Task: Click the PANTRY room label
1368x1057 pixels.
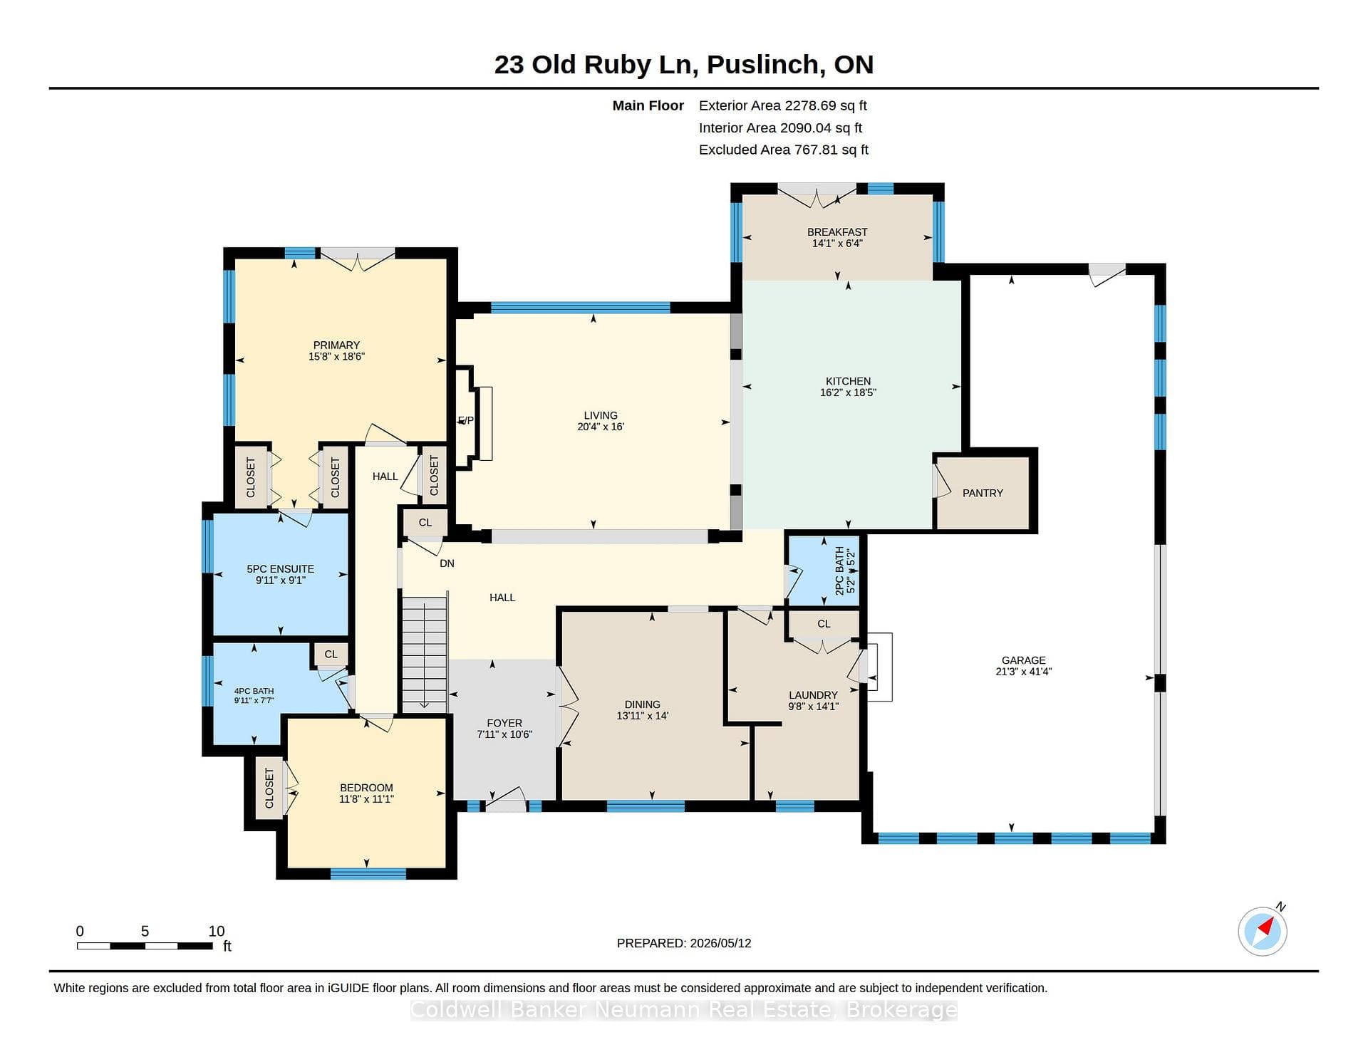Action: [x=983, y=493]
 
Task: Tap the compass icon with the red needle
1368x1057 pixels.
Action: [x=1263, y=931]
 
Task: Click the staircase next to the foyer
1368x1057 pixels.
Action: [x=425, y=654]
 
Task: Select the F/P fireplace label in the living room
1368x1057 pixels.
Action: [x=465, y=420]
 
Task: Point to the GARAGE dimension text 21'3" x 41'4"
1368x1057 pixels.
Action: [x=1023, y=671]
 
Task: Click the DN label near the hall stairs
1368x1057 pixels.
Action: [x=447, y=563]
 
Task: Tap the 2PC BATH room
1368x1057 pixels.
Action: [x=824, y=571]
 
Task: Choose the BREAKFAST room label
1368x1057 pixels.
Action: [x=837, y=231]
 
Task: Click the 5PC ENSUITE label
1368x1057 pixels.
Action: [x=280, y=569]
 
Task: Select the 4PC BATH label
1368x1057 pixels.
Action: [x=254, y=691]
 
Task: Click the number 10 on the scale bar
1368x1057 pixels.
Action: [x=217, y=931]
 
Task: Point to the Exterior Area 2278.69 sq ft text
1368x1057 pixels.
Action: [x=782, y=105]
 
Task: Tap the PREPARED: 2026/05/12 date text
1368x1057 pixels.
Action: [x=684, y=943]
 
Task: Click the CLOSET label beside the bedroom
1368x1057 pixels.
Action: [x=269, y=788]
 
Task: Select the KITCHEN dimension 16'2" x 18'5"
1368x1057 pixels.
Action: [x=848, y=392]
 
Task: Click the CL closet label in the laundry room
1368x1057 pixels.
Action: [x=824, y=624]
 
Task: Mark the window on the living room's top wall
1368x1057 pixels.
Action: [x=581, y=308]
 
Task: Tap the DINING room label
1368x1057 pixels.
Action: [x=642, y=704]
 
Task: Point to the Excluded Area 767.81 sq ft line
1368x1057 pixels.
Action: [x=783, y=150]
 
